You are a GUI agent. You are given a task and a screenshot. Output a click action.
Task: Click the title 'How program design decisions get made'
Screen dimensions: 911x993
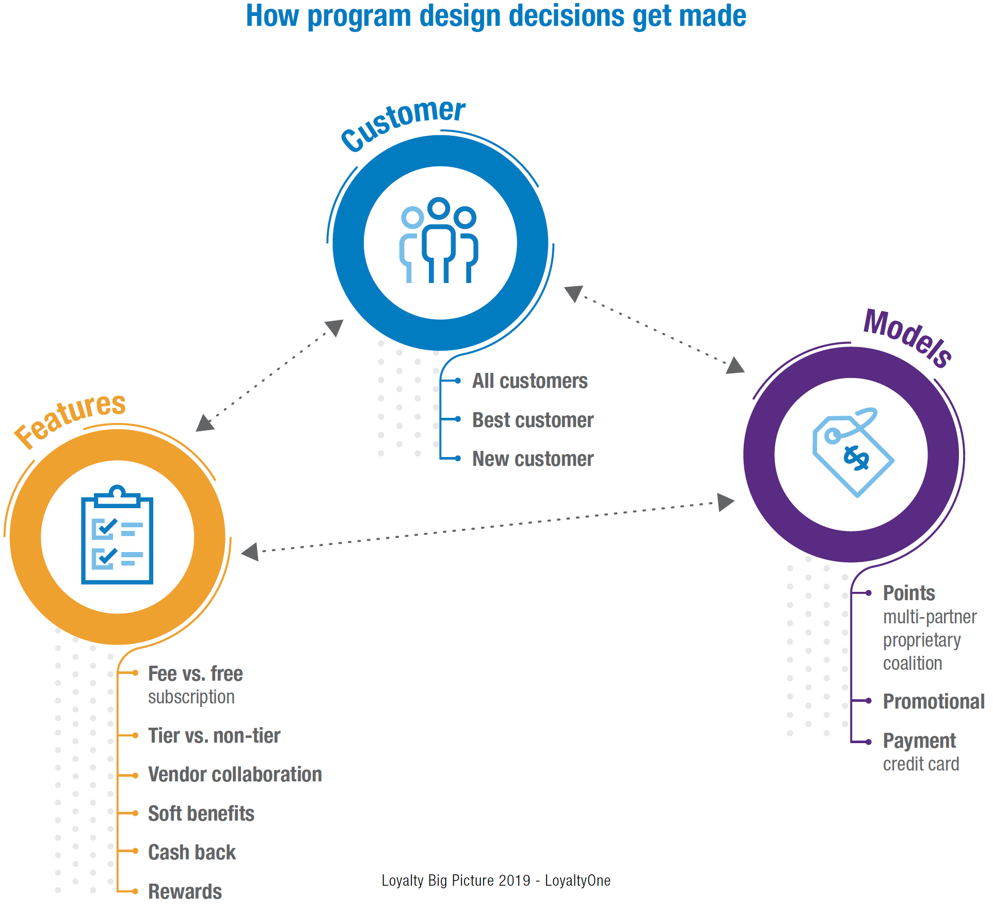tap(495, 17)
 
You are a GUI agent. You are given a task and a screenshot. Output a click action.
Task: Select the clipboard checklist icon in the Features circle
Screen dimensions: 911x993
tap(117, 536)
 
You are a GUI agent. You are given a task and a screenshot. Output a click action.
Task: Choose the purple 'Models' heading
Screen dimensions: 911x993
tap(908, 337)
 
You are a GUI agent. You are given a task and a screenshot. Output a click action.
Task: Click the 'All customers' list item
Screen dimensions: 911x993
tap(530, 381)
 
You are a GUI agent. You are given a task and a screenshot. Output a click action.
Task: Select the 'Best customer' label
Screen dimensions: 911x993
tap(533, 420)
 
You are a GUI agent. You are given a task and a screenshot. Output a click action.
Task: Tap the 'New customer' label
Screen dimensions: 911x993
tap(533, 459)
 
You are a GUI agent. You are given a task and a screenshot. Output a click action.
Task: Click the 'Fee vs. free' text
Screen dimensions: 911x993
tap(195, 674)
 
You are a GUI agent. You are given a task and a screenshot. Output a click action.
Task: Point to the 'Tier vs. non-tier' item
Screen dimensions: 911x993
tap(214, 736)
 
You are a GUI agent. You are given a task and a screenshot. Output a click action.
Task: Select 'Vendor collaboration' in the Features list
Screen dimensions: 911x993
tap(235, 775)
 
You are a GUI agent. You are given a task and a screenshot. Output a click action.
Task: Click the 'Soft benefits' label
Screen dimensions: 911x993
tap(201, 814)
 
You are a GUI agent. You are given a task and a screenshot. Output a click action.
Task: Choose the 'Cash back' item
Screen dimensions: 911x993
tap(192, 853)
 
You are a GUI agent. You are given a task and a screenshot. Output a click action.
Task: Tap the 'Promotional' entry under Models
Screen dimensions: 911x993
tap(934, 702)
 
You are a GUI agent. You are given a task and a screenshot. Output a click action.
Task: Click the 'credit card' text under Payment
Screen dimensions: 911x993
tap(921, 764)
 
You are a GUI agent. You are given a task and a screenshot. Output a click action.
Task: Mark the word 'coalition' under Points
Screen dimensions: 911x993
tap(912, 664)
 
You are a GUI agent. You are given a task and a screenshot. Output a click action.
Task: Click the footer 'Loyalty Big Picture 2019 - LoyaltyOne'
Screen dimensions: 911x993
tap(496, 881)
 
